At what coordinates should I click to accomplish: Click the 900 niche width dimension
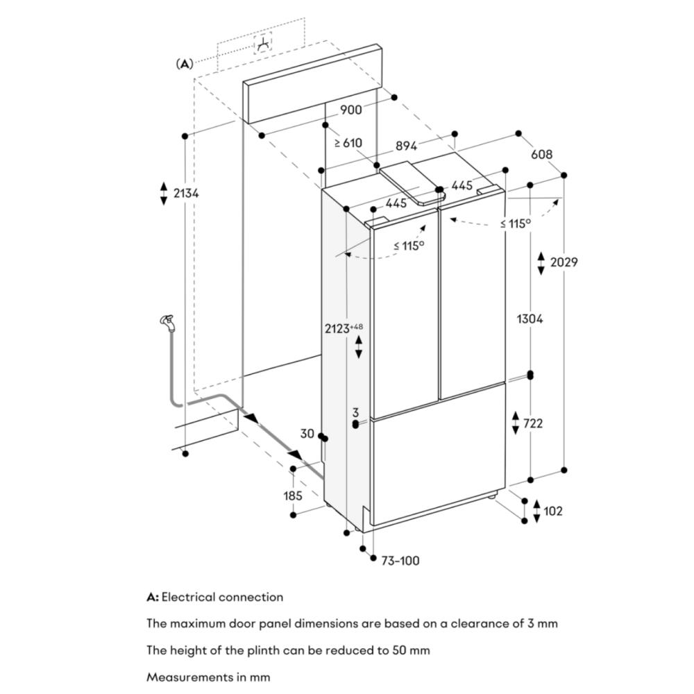pos(351,110)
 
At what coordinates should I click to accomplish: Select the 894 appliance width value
pos(406,145)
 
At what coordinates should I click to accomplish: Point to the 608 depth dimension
pos(542,154)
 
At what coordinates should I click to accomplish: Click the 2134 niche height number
pos(186,193)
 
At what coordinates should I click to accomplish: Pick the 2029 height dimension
pos(564,262)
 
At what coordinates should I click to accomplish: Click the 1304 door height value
pos(530,319)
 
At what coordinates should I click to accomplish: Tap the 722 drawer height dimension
pos(533,423)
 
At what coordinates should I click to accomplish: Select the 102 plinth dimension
pos(553,511)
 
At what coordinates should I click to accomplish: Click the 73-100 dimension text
pos(400,561)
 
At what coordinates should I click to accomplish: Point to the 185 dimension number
pos(293,496)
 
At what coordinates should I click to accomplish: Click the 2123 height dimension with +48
pos(344,328)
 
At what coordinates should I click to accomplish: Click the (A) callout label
pos(185,64)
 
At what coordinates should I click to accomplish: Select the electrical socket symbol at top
pos(263,43)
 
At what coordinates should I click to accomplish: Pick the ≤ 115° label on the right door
pos(516,223)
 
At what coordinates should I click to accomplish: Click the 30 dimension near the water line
pos(307,434)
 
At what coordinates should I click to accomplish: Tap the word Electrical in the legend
pos(189,597)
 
